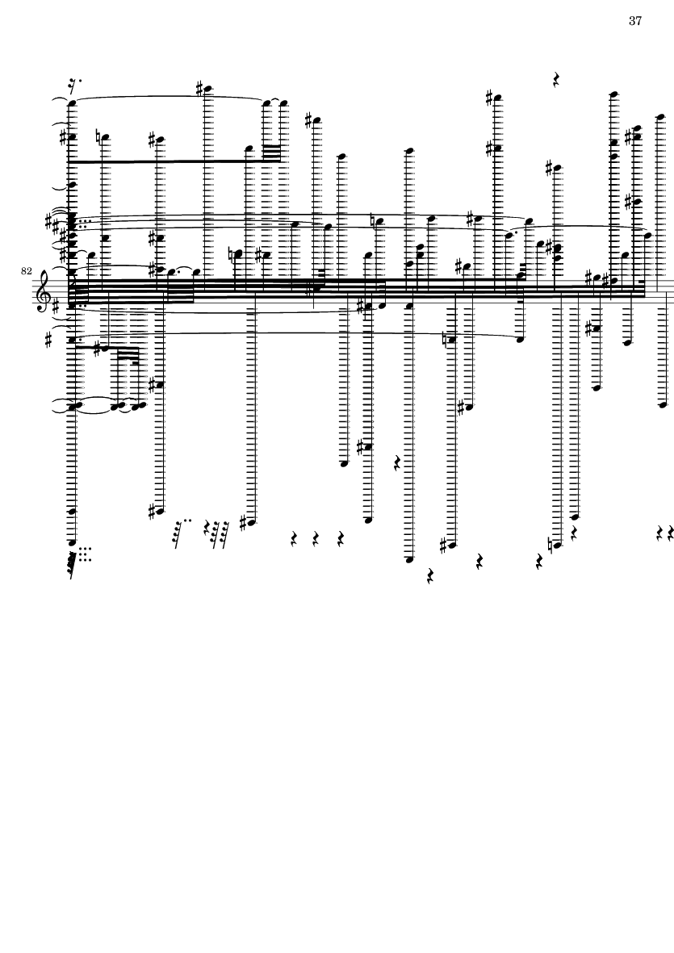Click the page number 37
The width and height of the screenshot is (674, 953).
pos(634,21)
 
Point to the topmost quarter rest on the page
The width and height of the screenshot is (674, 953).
pos(556,79)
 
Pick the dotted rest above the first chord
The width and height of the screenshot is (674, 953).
pos(75,82)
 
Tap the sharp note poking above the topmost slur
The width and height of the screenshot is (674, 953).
pos(205,89)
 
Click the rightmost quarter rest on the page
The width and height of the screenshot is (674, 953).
pos(670,533)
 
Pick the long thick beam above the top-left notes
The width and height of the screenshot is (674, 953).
pos(170,161)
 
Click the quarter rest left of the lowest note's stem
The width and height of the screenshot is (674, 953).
pos(397,463)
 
